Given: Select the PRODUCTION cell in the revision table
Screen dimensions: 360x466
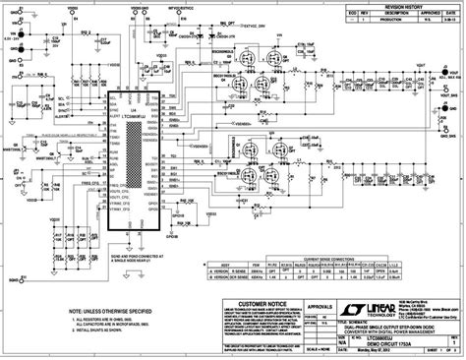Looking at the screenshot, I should [392, 19].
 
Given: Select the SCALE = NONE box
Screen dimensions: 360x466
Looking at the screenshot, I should [316, 348].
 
